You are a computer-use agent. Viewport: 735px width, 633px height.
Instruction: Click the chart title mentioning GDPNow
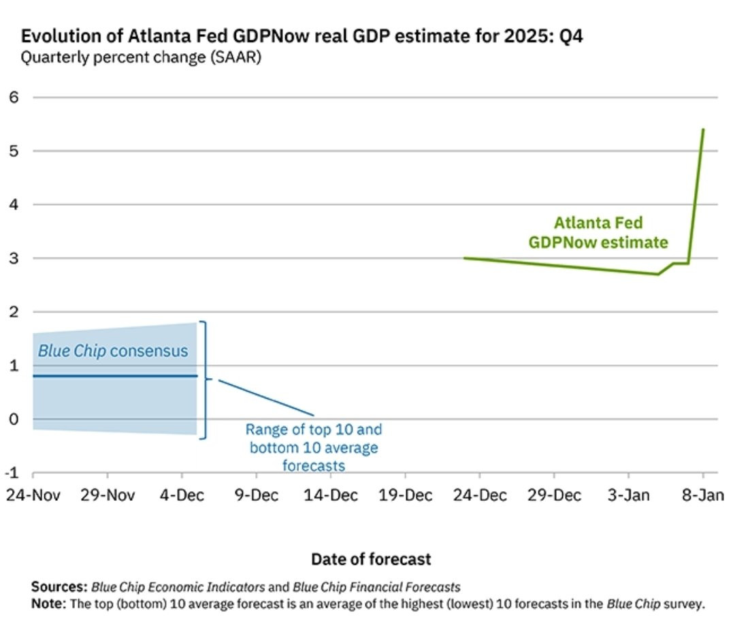[302, 36]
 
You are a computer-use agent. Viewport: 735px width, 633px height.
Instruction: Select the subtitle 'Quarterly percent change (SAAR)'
[141, 57]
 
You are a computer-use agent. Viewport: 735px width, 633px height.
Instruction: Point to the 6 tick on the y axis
[14, 97]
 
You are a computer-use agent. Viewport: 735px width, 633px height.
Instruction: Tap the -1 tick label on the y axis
[12, 472]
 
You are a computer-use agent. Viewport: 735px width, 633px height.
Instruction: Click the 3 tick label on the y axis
[14, 258]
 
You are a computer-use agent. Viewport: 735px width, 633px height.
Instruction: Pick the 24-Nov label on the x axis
[33, 495]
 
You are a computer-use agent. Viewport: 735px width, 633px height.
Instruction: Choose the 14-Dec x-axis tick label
[331, 495]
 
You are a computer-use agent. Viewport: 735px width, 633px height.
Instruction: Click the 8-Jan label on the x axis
[702, 495]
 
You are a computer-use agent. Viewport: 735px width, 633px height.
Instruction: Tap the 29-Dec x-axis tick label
[554, 495]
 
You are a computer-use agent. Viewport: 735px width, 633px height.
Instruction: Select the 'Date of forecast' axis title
[371, 559]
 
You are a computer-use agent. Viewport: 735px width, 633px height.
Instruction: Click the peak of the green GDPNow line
[703, 129]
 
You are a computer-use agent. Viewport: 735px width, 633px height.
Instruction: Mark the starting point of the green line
[465, 258]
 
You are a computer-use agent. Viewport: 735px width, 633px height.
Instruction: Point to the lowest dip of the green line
[658, 275]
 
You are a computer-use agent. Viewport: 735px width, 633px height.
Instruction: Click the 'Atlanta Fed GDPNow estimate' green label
[598, 233]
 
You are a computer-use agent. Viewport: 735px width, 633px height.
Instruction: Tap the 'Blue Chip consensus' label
[113, 351]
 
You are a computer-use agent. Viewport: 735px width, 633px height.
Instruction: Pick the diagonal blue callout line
[266, 398]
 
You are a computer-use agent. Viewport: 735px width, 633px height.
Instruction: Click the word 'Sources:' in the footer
[59, 587]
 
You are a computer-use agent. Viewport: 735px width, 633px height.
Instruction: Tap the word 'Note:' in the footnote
[49, 604]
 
